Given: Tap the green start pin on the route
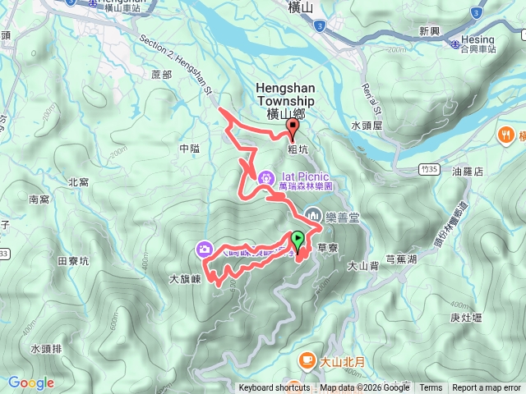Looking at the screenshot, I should click(x=297, y=241).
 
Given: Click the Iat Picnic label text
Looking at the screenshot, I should click(x=305, y=176).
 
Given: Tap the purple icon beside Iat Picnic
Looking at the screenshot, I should click(x=266, y=178).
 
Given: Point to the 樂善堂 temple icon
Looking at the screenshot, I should click(x=311, y=215).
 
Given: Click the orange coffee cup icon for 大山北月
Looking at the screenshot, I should click(x=306, y=360).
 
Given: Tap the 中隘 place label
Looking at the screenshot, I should click(x=189, y=149).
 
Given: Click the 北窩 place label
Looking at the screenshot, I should click(x=79, y=182).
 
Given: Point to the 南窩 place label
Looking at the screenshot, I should click(x=39, y=199).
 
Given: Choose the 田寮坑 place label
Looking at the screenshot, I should click(x=72, y=261).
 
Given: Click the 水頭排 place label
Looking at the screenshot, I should click(x=46, y=349).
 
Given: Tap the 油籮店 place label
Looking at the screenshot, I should click(x=467, y=172).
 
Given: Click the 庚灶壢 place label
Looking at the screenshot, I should click(x=465, y=318).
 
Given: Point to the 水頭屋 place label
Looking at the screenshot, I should click(x=367, y=126).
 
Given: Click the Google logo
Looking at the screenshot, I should click(x=30, y=383).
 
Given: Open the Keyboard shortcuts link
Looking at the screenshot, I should click(x=275, y=388).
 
